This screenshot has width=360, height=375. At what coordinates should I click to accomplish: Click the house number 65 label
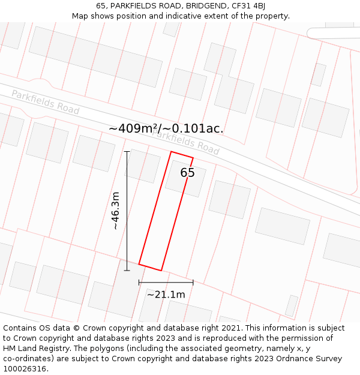pos(187,173)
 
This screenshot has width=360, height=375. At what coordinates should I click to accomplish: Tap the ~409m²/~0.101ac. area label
pos(166,128)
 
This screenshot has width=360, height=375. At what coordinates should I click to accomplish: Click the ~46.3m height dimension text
pos(116,211)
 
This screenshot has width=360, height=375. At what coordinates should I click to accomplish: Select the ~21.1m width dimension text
pos(166,294)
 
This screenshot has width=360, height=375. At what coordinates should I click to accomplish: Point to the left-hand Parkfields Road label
pos(45,101)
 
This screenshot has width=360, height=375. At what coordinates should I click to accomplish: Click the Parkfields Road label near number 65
pos(186,142)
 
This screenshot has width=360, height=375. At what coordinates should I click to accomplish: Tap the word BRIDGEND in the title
pos(206,6)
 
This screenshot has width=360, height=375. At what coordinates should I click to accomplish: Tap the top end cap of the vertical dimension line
pos(127,152)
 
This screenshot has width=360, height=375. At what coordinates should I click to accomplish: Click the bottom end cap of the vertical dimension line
pos(127,271)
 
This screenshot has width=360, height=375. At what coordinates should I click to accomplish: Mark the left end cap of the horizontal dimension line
pos(139,282)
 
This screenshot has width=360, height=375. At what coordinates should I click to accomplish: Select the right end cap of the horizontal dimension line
pos(193,282)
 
